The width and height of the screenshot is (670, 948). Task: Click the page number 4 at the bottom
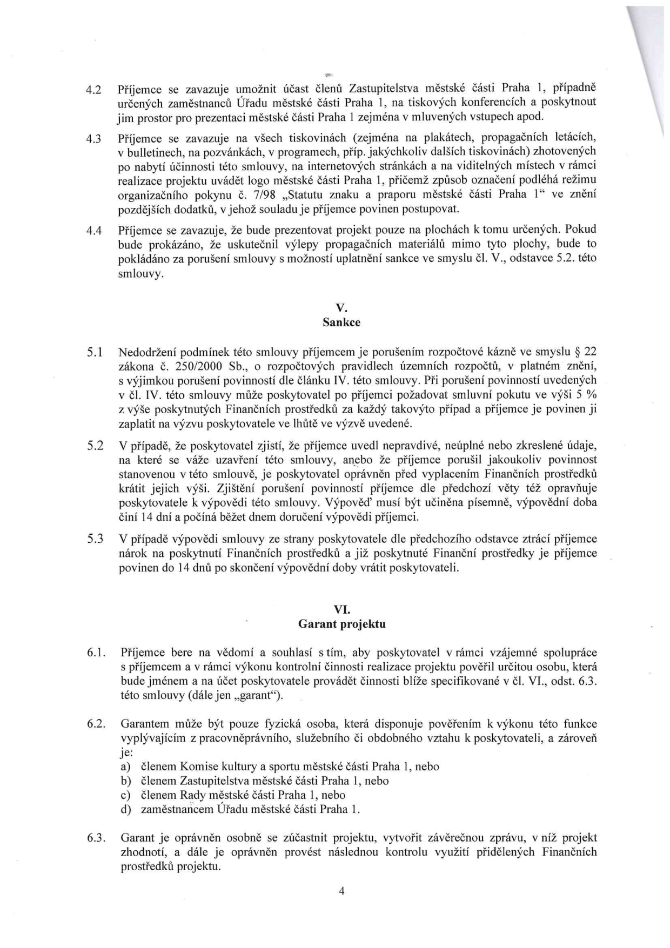pos(341,891)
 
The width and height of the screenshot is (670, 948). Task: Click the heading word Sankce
pos(341,322)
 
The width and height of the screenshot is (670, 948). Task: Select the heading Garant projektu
pos(341,624)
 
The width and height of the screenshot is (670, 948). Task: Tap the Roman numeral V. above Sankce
pos(341,308)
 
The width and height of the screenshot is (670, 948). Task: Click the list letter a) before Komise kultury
pos(125,767)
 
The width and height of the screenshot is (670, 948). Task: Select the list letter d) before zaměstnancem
pos(125,810)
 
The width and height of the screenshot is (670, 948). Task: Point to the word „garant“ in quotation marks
pos(261,695)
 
